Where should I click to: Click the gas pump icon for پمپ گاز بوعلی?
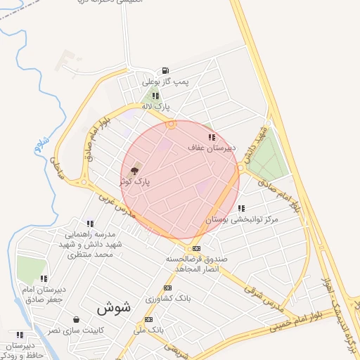165,70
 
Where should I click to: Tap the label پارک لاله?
156,106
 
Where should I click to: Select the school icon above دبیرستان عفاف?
212,137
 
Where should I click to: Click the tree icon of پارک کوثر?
134,171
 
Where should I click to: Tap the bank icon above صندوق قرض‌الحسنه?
196,248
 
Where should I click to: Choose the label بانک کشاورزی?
168,299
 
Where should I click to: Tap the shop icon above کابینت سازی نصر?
75,319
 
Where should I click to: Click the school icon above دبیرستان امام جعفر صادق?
44,278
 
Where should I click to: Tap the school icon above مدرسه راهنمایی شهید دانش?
89,223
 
